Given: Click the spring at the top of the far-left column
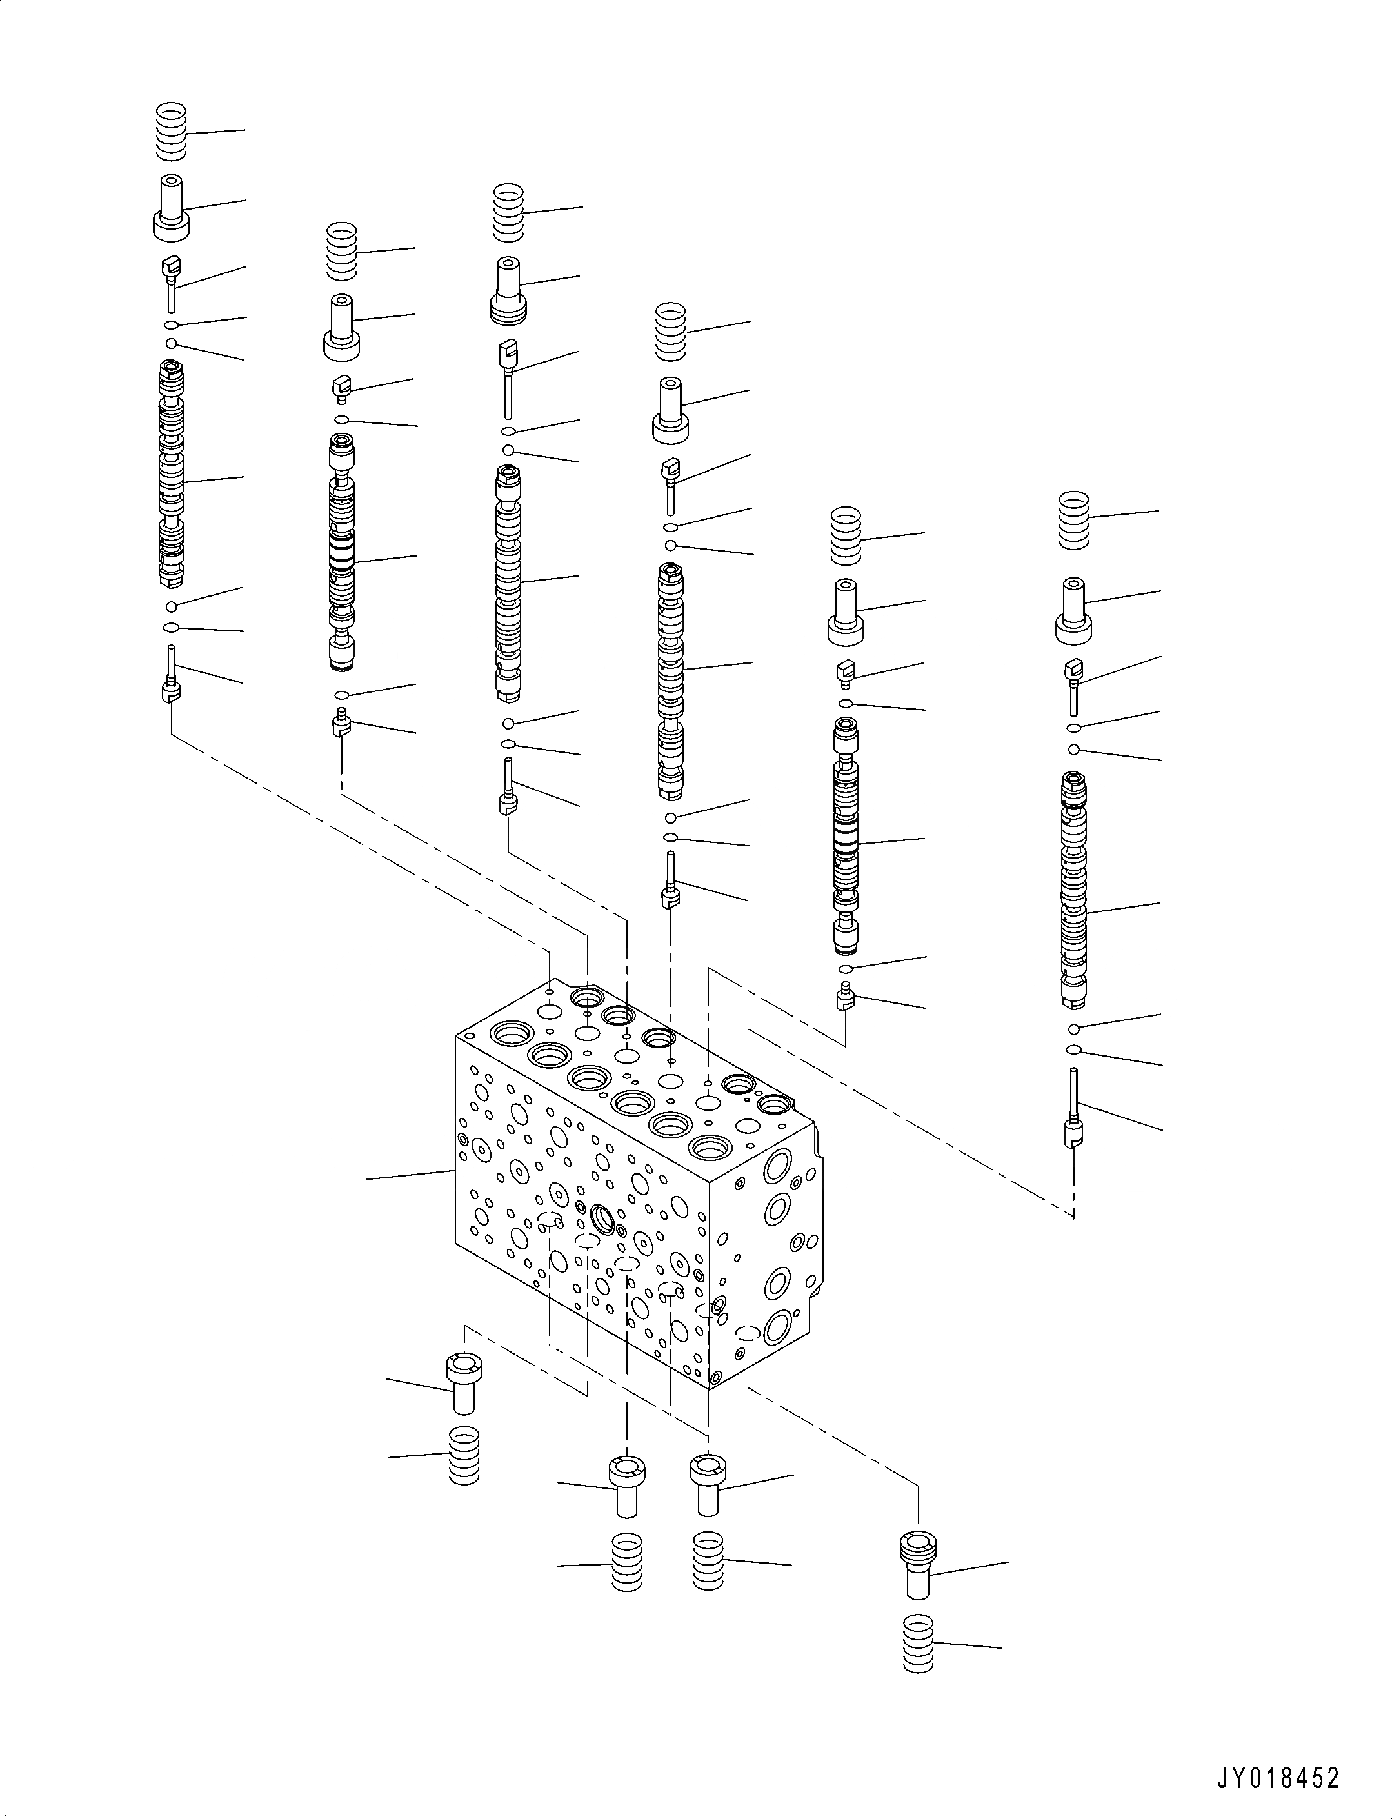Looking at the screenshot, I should [172, 132].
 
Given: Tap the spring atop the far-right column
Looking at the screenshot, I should [1074, 519].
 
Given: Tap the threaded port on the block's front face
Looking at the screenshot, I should [602, 1218].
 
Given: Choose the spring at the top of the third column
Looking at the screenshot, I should [509, 213].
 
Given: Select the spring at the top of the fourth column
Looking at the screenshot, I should [671, 332].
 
